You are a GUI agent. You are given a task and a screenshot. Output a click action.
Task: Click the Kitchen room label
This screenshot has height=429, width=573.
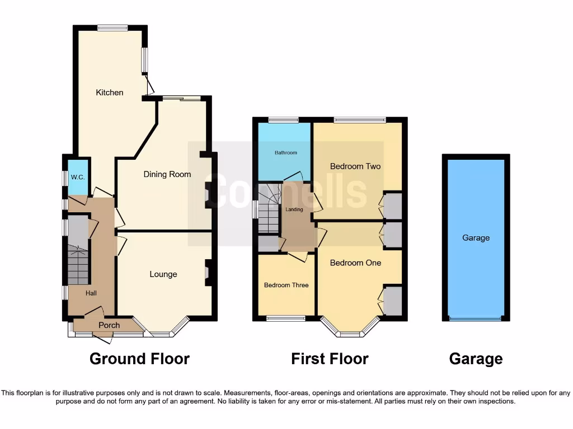[110, 92]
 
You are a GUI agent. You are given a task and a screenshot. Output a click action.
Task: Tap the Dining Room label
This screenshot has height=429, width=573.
[167, 174]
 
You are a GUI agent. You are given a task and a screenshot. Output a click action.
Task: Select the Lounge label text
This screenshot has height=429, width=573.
[163, 274]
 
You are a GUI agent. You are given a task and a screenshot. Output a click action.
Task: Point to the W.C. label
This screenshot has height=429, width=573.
[77, 177]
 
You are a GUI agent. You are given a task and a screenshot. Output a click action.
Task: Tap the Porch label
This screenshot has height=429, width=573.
[109, 325]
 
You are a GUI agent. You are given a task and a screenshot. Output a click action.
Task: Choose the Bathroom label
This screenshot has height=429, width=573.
[285, 152]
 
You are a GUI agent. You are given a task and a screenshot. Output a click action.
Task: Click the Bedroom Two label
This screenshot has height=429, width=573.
[355, 166]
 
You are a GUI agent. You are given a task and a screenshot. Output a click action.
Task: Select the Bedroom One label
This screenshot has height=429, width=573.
[355, 263]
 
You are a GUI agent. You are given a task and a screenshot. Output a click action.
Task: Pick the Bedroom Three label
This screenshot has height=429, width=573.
[286, 285]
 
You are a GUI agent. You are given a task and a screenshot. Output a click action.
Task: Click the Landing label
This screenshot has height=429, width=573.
[294, 209]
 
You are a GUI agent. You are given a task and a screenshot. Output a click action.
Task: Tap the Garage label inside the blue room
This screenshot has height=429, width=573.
[476, 238]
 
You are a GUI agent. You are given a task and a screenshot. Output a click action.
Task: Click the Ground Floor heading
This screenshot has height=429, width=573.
[139, 359]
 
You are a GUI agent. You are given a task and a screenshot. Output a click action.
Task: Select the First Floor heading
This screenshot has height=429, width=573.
[330, 359]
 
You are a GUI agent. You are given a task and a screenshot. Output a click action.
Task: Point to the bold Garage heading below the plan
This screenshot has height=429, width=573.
[476, 359]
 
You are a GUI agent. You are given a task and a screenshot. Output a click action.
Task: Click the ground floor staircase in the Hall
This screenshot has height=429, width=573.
[78, 265]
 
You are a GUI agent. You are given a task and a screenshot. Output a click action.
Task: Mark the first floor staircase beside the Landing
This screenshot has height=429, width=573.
[269, 209]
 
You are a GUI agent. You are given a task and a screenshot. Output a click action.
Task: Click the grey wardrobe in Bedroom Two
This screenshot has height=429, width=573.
[393, 206]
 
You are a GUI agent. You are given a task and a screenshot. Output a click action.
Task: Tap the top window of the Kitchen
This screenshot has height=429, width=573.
[112, 28]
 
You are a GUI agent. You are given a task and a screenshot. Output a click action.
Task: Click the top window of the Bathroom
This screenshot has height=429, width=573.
[283, 120]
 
